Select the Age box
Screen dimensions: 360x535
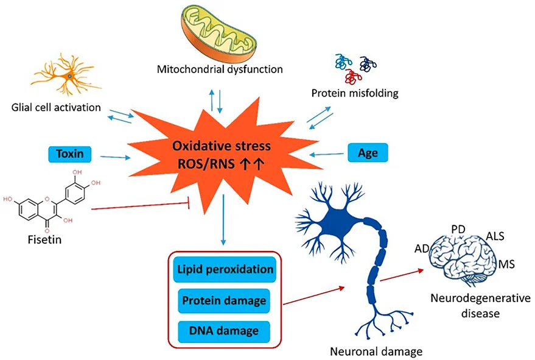(368, 153)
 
